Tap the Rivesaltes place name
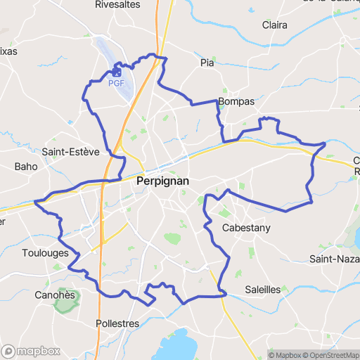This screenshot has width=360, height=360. pyautogui.click(x=117, y=5)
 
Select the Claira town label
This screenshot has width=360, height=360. pyautogui.click(x=274, y=25)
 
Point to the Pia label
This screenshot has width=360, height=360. pyautogui.click(x=207, y=63)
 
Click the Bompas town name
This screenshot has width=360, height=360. pyautogui.click(x=236, y=101)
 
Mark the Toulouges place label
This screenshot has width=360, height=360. pyautogui.click(x=45, y=253)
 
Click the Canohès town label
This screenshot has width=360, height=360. pyautogui.click(x=55, y=295)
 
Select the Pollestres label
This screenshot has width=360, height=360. pyautogui.click(x=117, y=323)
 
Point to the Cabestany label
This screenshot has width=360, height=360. pyautogui.click(x=246, y=228)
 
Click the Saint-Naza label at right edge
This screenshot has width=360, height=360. pyautogui.click(x=335, y=259)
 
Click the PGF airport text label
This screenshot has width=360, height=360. pyautogui.click(x=117, y=83)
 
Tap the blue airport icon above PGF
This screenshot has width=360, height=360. pyautogui.click(x=117, y=72)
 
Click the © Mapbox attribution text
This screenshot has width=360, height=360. pyautogui.click(x=285, y=355)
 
